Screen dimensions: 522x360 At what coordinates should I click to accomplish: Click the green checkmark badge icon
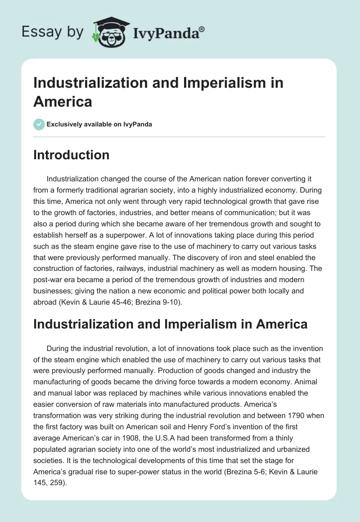click(x=39, y=124)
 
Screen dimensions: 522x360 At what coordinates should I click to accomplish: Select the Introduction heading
click(x=71, y=155)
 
